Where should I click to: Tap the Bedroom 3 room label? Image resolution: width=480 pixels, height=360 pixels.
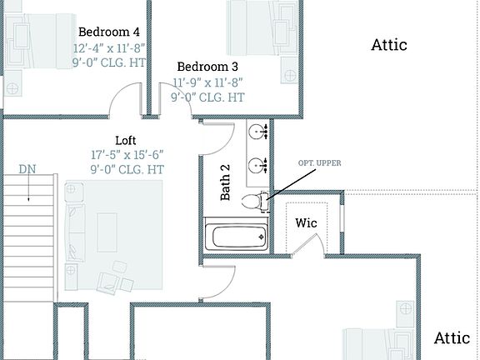[x=207, y=67]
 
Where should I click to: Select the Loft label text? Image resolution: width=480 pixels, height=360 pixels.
[x=125, y=140]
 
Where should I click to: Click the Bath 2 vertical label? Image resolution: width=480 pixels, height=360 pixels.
[x=225, y=182]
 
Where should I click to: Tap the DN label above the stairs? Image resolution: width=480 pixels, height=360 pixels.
[x=27, y=169]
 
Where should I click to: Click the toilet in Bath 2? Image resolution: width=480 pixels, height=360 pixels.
[x=252, y=201]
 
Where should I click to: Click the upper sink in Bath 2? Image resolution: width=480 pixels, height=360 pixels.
[x=257, y=132]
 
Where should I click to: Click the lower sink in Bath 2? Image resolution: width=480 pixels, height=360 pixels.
[x=257, y=162]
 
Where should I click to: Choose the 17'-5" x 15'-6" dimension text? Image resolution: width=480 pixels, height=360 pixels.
[x=127, y=155]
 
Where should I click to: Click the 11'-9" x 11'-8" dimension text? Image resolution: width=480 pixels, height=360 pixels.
[x=208, y=82]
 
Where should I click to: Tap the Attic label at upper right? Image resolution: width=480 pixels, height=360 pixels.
[x=389, y=45]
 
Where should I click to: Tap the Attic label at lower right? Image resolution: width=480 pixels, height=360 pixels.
[x=452, y=337]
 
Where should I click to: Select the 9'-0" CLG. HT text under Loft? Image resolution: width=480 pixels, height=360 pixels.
[x=127, y=170]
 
